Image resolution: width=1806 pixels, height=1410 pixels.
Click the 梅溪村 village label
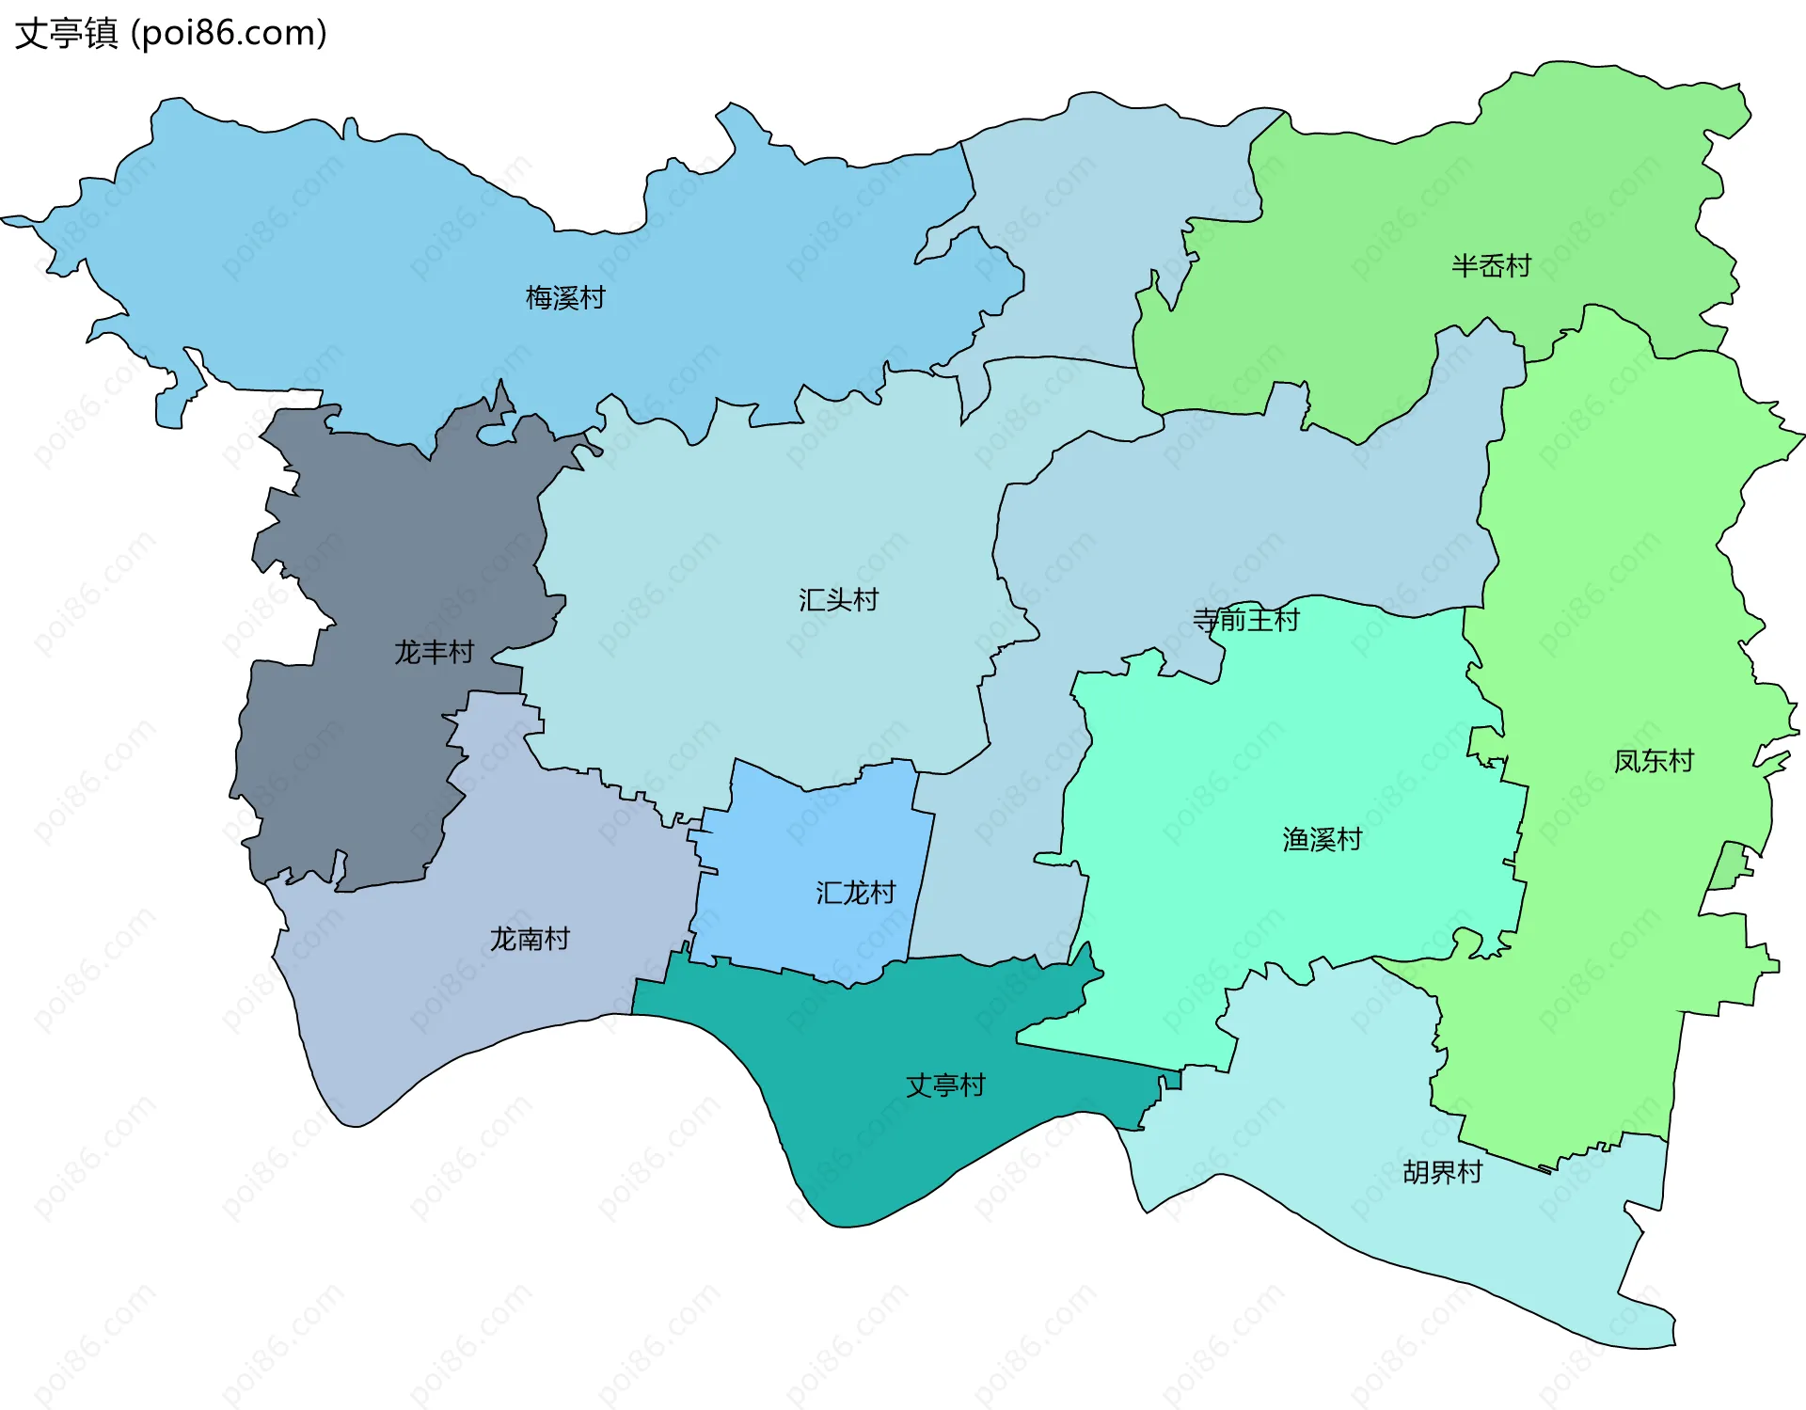[x=565, y=298]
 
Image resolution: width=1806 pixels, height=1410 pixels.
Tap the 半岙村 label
[x=1491, y=266]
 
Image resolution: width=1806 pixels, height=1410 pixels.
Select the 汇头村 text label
[x=838, y=600]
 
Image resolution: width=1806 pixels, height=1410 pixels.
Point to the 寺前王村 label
[x=1245, y=620]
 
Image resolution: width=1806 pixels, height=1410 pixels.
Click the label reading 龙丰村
[x=434, y=652]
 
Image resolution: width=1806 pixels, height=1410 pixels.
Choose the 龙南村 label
[x=530, y=939]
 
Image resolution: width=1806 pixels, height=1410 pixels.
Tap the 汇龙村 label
[x=855, y=893]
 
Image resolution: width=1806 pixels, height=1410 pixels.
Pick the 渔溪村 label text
[x=1322, y=839]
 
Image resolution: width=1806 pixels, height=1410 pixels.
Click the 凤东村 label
[x=1654, y=761]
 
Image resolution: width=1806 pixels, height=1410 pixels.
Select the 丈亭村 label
[x=945, y=1085]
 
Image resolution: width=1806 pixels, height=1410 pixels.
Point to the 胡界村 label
[x=1442, y=1172]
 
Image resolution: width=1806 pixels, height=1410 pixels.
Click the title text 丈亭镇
[x=67, y=34]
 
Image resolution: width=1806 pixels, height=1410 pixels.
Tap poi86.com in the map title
[x=229, y=34]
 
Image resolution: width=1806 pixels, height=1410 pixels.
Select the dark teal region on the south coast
[x=875, y=1129]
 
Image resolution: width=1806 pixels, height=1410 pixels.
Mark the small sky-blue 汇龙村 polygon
[x=809, y=847]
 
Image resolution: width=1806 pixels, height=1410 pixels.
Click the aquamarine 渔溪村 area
[x=1270, y=922]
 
